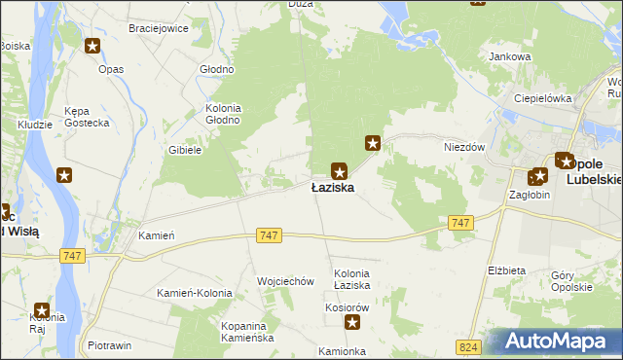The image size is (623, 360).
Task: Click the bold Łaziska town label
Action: [x=332, y=187]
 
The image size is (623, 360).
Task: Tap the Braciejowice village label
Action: [x=159, y=28]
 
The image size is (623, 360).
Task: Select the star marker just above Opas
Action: [x=92, y=46]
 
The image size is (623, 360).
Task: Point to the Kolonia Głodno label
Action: [x=224, y=113]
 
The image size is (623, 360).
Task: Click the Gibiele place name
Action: [x=184, y=150]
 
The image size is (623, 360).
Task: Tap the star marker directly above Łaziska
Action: [x=339, y=168]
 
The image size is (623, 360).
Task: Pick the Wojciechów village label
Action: [x=285, y=281]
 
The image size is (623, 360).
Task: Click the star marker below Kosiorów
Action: [x=352, y=323]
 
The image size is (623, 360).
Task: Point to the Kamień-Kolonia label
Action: [x=195, y=293]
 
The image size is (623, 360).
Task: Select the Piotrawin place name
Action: [x=109, y=345]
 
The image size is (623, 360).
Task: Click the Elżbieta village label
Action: [x=506, y=270]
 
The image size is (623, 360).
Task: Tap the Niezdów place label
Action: [x=464, y=147]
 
